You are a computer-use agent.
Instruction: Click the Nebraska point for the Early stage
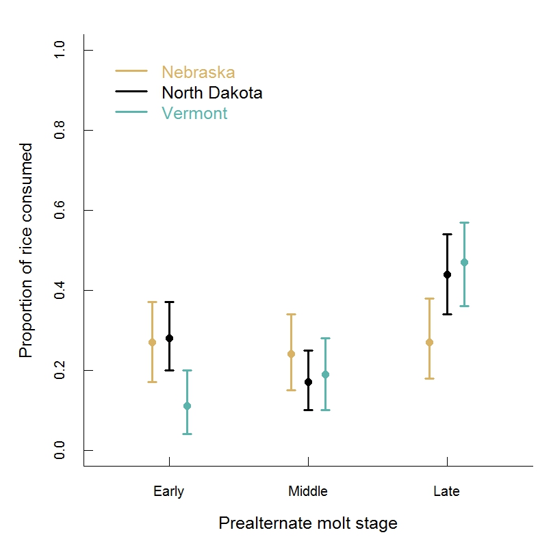[x=152, y=342]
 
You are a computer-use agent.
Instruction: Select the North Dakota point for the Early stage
[x=169, y=338]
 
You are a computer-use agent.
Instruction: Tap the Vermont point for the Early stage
[x=187, y=406]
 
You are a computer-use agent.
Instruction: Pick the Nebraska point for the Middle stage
[x=291, y=354]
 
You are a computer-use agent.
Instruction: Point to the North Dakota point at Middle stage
[x=308, y=382]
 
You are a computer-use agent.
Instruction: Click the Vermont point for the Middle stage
[x=326, y=374]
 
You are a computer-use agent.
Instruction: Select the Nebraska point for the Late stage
[x=430, y=342]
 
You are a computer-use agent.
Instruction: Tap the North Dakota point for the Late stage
[x=447, y=274]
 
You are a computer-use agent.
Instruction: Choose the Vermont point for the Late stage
[x=464, y=262]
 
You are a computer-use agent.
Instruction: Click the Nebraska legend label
[x=198, y=72]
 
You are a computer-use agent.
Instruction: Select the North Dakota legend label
[x=212, y=92]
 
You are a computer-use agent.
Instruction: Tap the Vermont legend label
[x=194, y=113]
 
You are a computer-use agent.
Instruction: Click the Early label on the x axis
[x=168, y=491]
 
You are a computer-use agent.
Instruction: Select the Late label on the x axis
[x=446, y=491]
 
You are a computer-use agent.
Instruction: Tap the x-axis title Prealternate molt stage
[x=308, y=523]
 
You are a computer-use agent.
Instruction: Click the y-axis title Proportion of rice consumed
[x=26, y=250]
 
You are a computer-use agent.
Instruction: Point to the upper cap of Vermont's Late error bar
[x=464, y=222]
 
